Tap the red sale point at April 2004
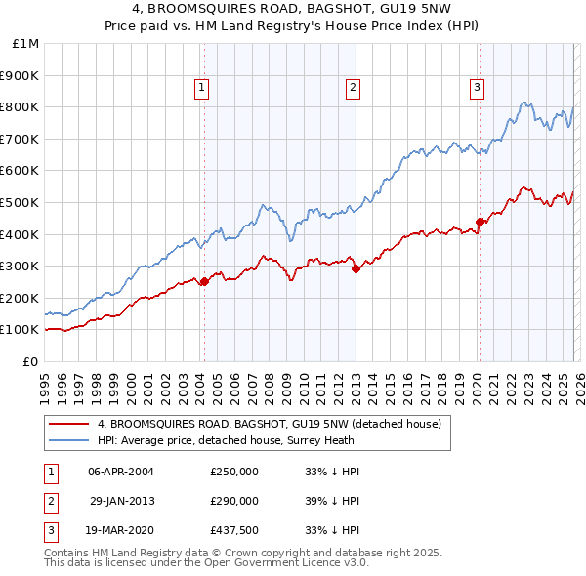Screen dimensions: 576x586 click(x=204, y=282)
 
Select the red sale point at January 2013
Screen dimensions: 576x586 click(x=356, y=269)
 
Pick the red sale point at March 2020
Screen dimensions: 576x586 click(x=480, y=222)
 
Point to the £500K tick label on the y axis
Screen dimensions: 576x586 click(x=20, y=202)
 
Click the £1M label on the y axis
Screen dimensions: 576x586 click(x=26, y=44)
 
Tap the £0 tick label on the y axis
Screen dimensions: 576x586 click(x=29, y=361)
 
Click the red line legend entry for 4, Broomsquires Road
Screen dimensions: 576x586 click(x=270, y=424)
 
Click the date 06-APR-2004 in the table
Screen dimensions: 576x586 click(x=121, y=472)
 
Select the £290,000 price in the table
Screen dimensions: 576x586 click(x=234, y=501)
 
